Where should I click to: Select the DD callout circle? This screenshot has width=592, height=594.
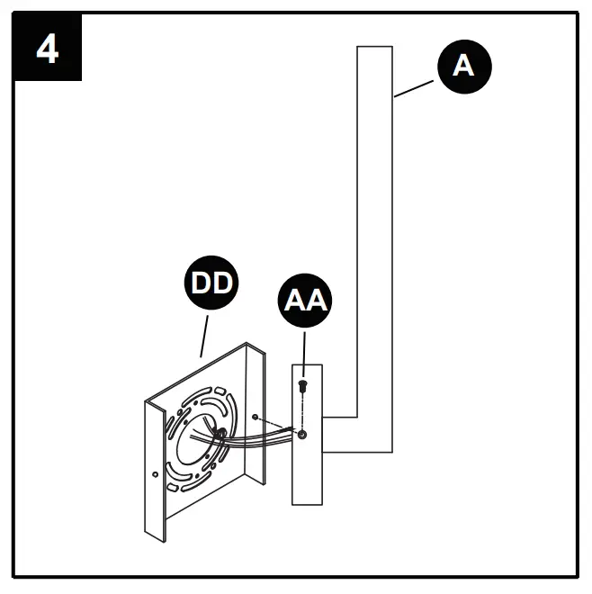[211, 283]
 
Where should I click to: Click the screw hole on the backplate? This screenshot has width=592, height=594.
[302, 435]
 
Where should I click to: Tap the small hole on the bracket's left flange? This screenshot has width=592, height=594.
[157, 473]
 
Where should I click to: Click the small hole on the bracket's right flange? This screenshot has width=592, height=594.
[257, 418]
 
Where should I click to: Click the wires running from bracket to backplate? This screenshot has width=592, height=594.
[261, 439]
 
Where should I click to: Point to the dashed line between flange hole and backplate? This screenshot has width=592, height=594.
[279, 426]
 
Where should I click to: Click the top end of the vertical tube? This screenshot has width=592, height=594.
[375, 49]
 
